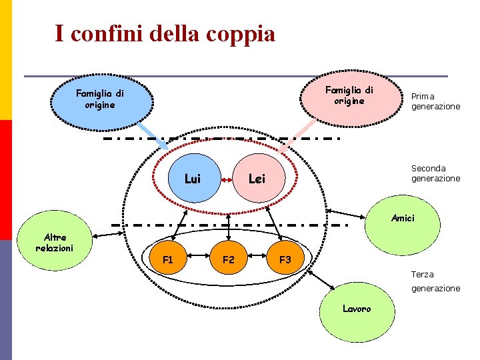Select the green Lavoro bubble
(x=356, y=310)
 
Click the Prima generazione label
(x=435, y=101)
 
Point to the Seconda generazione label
(x=435, y=173)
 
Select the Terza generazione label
(x=435, y=281)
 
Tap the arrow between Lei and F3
(x=273, y=223)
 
